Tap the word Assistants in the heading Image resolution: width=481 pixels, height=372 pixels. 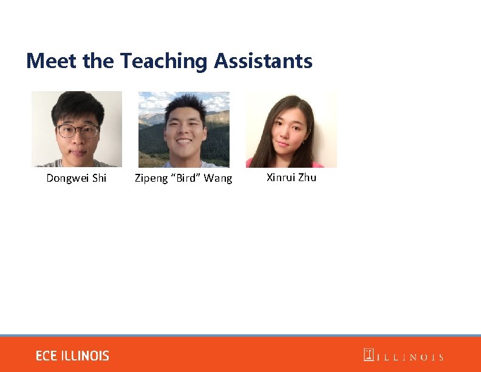click(x=263, y=61)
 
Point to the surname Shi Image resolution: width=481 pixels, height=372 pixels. click(x=98, y=178)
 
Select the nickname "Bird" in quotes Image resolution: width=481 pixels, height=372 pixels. click(x=185, y=178)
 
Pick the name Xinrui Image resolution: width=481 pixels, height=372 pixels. click(x=281, y=177)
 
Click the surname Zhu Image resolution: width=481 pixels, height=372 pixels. click(x=307, y=177)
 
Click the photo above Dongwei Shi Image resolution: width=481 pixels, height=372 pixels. click(x=77, y=129)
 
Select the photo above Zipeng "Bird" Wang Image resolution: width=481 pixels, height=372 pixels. click(x=184, y=129)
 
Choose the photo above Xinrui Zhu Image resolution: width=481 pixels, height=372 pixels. click(x=291, y=129)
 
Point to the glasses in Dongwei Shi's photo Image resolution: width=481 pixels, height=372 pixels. click(x=78, y=131)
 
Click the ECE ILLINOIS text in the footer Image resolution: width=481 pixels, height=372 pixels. click(x=72, y=356)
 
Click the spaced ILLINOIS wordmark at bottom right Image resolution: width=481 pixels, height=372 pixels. click(x=411, y=357)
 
